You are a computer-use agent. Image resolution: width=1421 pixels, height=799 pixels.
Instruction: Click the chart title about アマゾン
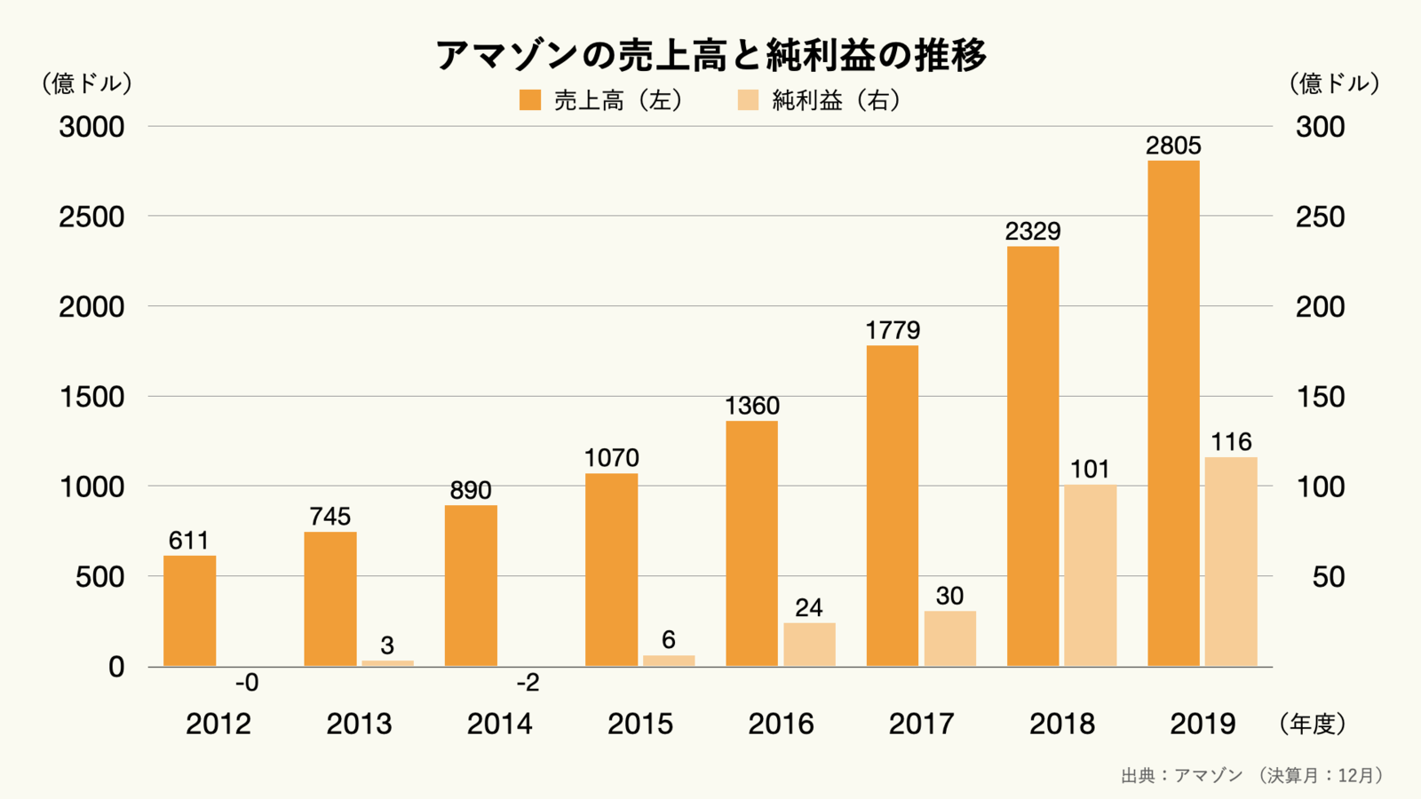710,55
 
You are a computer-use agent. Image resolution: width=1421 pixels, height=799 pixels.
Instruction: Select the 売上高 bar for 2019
1173,413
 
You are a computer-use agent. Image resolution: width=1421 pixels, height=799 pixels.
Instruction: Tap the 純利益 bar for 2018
1090,575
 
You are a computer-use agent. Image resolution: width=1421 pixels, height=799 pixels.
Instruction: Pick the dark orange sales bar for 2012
189,611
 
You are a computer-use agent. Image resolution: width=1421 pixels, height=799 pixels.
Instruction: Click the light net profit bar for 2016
809,645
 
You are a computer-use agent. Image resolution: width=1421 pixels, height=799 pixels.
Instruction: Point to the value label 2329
1033,231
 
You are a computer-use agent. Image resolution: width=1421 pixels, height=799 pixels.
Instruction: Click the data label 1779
893,330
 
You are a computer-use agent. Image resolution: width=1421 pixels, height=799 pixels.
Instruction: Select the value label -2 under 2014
528,683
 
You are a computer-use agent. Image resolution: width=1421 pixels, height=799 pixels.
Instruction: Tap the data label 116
1231,441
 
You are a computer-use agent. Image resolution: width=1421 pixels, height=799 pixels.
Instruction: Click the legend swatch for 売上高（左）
530,100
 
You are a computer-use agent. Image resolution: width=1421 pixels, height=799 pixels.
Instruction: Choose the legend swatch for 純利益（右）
749,100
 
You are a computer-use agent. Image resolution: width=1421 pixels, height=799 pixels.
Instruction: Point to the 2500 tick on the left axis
91,217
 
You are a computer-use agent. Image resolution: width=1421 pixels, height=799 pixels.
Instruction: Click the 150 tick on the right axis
1320,397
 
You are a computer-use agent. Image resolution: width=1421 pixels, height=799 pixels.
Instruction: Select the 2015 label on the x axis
640,724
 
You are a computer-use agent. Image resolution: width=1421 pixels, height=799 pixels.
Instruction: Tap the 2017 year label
921,724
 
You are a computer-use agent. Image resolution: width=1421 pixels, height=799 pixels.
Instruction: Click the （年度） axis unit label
1312,724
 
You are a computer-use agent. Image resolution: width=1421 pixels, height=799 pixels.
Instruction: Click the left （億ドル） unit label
87,83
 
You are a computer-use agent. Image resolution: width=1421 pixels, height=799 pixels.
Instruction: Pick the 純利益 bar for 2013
387,662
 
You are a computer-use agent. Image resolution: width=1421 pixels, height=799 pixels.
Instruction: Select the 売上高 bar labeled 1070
611,569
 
